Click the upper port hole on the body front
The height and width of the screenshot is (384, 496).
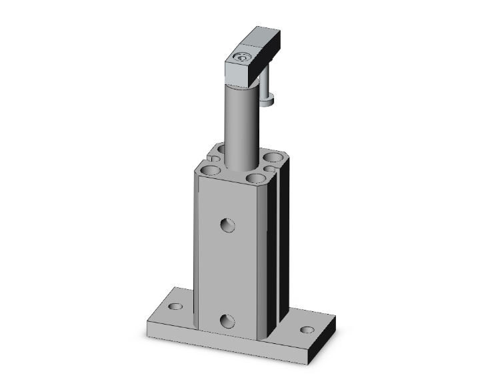[228, 225]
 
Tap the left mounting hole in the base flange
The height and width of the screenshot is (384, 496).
[175, 307]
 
